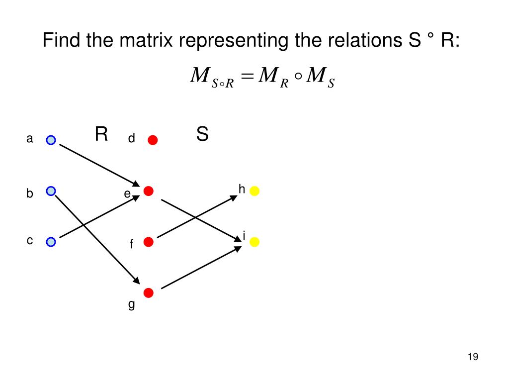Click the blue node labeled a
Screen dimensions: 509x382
51,140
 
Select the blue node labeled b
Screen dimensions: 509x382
51,191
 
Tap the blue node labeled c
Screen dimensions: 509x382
51,242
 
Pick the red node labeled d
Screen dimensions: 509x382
153,140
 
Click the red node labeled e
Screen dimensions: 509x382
148,191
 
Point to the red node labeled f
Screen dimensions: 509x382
148,242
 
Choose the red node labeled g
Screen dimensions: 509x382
148,292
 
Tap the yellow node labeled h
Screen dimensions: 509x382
254,191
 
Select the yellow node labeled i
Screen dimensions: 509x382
254,242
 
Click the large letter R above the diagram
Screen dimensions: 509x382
101,134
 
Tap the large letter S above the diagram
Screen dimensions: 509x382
202,134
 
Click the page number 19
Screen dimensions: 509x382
472,357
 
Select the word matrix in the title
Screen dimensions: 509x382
146,41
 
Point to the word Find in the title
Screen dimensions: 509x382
62,41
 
